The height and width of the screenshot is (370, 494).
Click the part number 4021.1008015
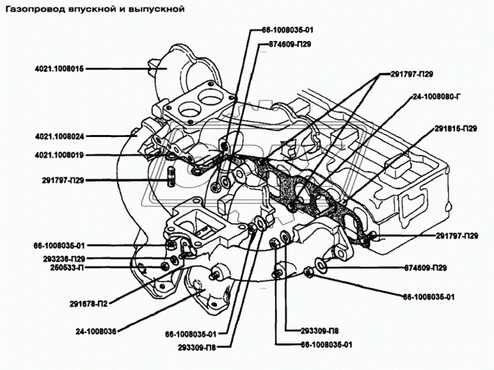(x=60, y=69)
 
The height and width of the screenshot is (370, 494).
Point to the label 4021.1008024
(x=60, y=136)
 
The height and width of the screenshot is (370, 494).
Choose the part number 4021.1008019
(x=60, y=155)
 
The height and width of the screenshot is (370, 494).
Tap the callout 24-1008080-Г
(x=437, y=97)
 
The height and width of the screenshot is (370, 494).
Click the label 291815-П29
(x=456, y=129)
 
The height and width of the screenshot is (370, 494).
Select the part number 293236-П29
(x=64, y=258)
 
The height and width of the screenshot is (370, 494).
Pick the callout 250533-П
(x=67, y=267)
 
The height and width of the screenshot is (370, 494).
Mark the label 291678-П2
(x=88, y=304)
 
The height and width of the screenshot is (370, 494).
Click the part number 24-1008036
(x=96, y=332)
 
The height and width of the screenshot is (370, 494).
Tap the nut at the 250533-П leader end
(x=164, y=267)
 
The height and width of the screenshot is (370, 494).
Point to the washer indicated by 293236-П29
(x=174, y=260)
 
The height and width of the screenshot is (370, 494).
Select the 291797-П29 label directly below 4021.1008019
(x=63, y=180)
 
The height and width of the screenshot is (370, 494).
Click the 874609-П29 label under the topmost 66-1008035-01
(x=289, y=44)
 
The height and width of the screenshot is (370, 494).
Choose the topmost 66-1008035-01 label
(x=287, y=30)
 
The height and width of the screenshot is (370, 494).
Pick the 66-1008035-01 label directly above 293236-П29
(x=60, y=245)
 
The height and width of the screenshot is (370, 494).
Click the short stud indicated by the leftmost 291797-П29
(x=170, y=176)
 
